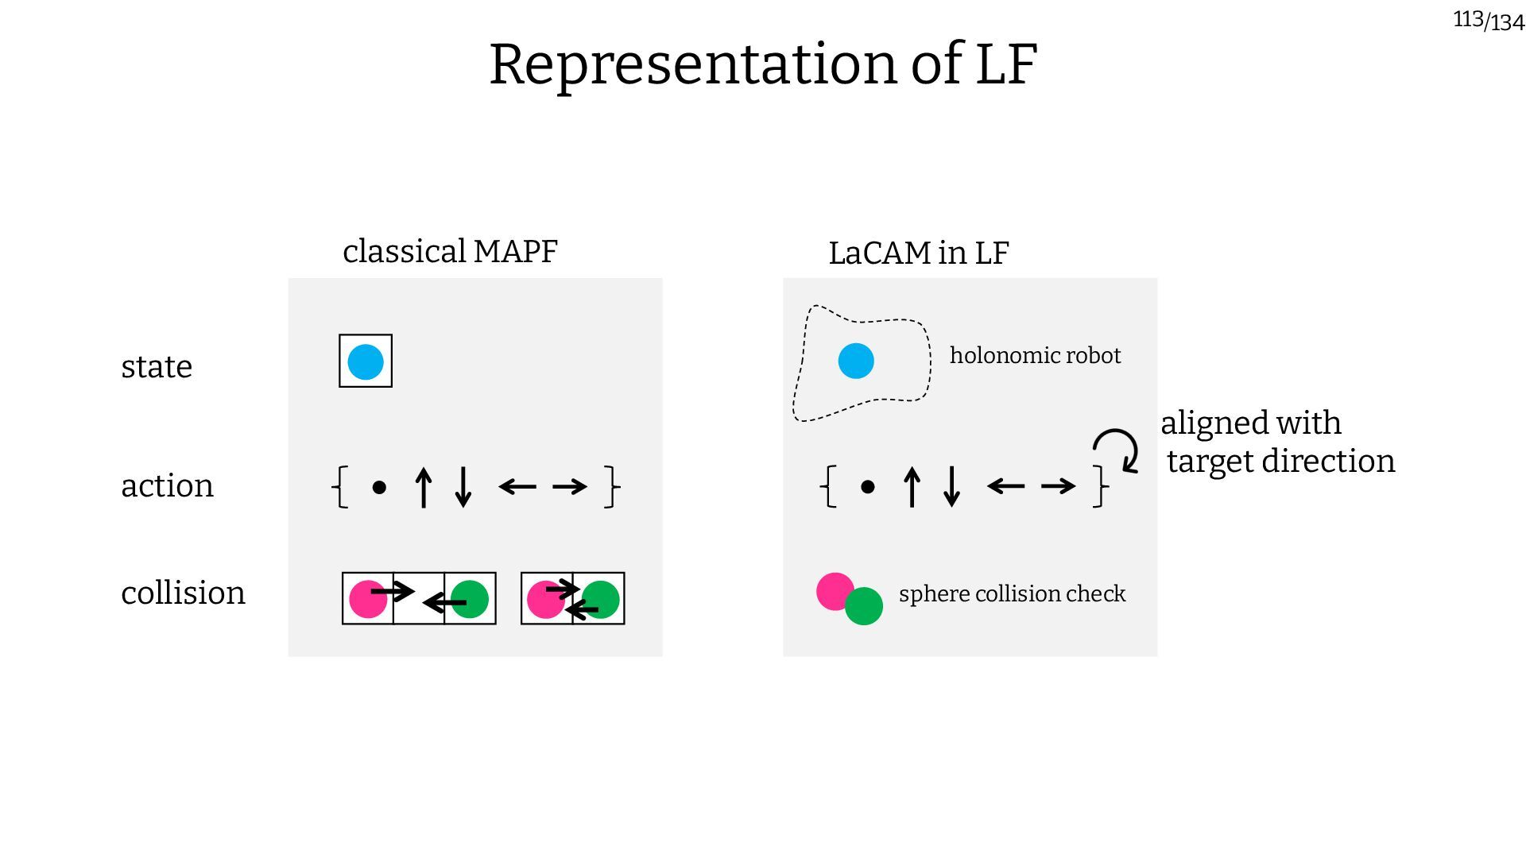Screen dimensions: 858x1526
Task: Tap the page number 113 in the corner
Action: click(x=1468, y=19)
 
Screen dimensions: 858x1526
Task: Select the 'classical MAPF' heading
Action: click(x=450, y=252)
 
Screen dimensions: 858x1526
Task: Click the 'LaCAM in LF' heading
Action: click(x=918, y=253)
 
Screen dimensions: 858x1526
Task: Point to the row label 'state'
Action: click(x=157, y=367)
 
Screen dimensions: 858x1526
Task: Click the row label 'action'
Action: click(x=167, y=485)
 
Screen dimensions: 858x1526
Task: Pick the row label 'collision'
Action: click(x=183, y=593)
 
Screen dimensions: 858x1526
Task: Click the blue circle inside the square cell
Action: click(x=366, y=361)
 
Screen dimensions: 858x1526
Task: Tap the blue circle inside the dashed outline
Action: click(x=856, y=361)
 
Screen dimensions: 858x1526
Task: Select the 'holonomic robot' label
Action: click(x=1035, y=355)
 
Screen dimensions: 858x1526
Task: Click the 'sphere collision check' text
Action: click(x=1012, y=593)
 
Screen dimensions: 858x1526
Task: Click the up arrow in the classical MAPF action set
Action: click(x=424, y=487)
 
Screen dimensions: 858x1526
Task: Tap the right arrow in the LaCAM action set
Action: click(x=1058, y=485)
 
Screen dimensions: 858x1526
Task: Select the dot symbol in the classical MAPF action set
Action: click(x=379, y=487)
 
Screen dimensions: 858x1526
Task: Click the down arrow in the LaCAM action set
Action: click(x=951, y=487)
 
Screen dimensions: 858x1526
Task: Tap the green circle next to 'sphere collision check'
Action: click(x=864, y=606)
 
